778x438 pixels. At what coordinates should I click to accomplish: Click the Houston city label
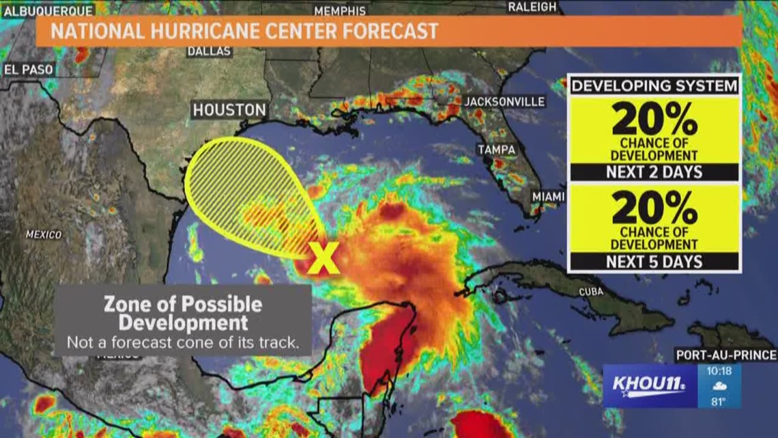(229, 109)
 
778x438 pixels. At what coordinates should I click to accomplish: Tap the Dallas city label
(210, 51)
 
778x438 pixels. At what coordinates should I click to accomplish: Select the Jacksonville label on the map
(504, 102)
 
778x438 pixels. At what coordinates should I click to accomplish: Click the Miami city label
(549, 197)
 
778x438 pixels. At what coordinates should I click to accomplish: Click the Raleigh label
(532, 7)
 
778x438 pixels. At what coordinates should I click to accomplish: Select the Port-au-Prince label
(725, 355)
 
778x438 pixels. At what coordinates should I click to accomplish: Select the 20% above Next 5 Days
(654, 207)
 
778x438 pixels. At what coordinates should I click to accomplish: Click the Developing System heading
(654, 86)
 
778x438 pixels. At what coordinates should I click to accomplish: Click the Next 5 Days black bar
(654, 261)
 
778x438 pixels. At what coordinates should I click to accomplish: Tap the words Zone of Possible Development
(182, 312)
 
